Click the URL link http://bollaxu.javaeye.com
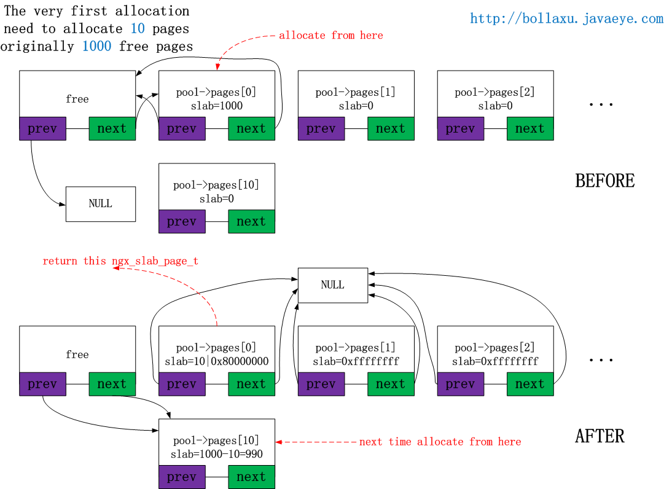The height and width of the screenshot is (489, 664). point(566,18)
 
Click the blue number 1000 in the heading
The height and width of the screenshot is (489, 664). point(96,45)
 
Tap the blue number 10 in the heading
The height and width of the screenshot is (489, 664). point(138,28)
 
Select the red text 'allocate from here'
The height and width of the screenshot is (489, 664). point(330,35)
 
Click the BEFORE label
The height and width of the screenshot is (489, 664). point(604,181)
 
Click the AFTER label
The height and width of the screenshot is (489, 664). point(600,436)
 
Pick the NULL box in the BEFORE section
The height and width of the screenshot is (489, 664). point(101,204)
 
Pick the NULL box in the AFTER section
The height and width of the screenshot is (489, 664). point(333,286)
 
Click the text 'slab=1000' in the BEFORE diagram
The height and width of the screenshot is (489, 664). point(217,106)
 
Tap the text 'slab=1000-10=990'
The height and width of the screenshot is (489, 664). point(217,454)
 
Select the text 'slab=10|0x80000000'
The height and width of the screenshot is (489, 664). point(217,361)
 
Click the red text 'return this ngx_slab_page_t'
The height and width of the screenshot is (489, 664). point(120,261)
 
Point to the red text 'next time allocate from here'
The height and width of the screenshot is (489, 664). point(440,442)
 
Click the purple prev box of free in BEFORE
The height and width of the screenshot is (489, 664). point(43,129)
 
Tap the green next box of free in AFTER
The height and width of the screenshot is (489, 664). point(112,384)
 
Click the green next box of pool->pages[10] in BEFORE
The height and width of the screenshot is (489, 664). point(252,221)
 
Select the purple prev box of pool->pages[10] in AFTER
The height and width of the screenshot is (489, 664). point(182,477)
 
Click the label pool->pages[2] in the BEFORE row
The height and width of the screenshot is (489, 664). point(494,92)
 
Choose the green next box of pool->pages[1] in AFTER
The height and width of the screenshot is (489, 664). point(391,384)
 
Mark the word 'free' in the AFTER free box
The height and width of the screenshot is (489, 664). point(77,354)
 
